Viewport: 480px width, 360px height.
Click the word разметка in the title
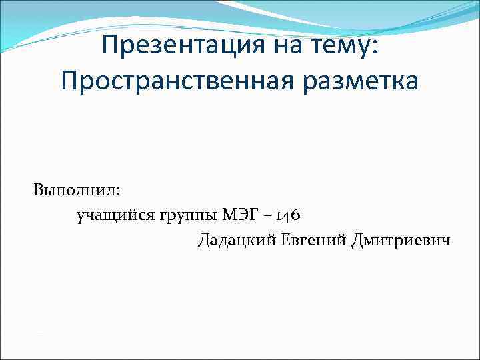(360, 81)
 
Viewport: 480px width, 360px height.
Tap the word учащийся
(116, 215)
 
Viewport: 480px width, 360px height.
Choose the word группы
(189, 215)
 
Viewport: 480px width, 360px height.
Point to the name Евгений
(313, 240)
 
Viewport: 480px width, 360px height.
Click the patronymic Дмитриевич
(401, 240)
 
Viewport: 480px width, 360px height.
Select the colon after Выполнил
(118, 192)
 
